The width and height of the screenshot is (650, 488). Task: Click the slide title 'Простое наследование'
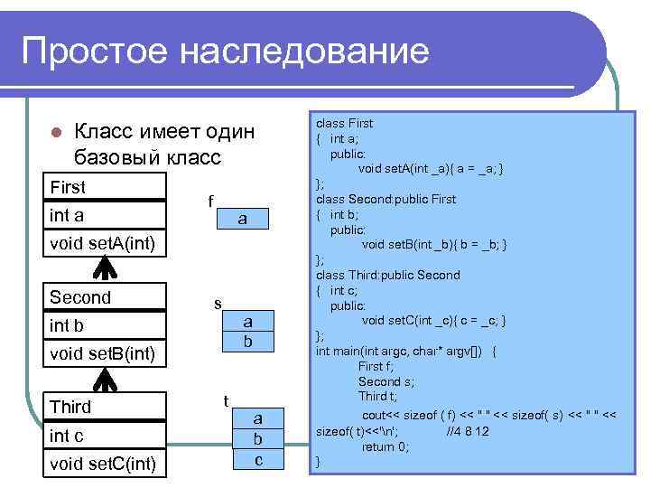(225, 52)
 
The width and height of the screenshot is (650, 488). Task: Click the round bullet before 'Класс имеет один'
(54, 132)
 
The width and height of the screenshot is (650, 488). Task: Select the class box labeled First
(107, 187)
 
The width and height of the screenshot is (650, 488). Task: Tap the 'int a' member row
(107, 215)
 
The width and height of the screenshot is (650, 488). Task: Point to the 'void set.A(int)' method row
(107, 242)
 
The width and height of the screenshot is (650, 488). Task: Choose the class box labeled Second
(107, 297)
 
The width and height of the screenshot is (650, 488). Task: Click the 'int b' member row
(107, 325)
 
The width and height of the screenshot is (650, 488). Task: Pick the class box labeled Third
(107, 407)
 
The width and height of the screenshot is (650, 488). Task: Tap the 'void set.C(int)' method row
(107, 465)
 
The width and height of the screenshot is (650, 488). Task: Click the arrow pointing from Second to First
(107, 267)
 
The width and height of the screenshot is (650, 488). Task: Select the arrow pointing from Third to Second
(107, 380)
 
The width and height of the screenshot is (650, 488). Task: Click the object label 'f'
(210, 201)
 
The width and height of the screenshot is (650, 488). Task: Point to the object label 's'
(218, 304)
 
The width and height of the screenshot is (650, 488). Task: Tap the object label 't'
(225, 400)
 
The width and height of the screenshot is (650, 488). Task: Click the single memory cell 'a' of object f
(242, 219)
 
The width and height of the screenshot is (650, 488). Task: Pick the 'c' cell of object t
(258, 459)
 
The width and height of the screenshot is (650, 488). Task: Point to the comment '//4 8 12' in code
(469, 432)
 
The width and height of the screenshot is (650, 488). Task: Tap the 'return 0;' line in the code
(385, 446)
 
